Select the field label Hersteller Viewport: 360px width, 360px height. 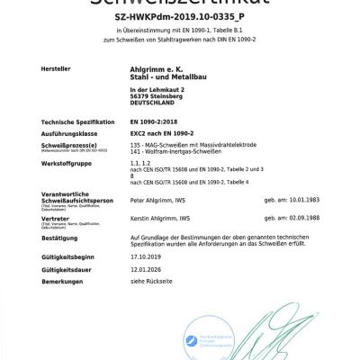59,68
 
